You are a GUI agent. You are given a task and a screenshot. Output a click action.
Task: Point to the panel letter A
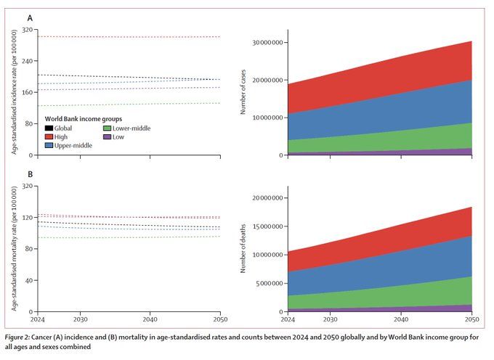(x=30, y=17)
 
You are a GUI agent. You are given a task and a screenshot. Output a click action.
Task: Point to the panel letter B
(x=30, y=174)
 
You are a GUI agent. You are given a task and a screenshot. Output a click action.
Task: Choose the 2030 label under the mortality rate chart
(x=80, y=319)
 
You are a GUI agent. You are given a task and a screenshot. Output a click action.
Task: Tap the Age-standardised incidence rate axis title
(x=14, y=92)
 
